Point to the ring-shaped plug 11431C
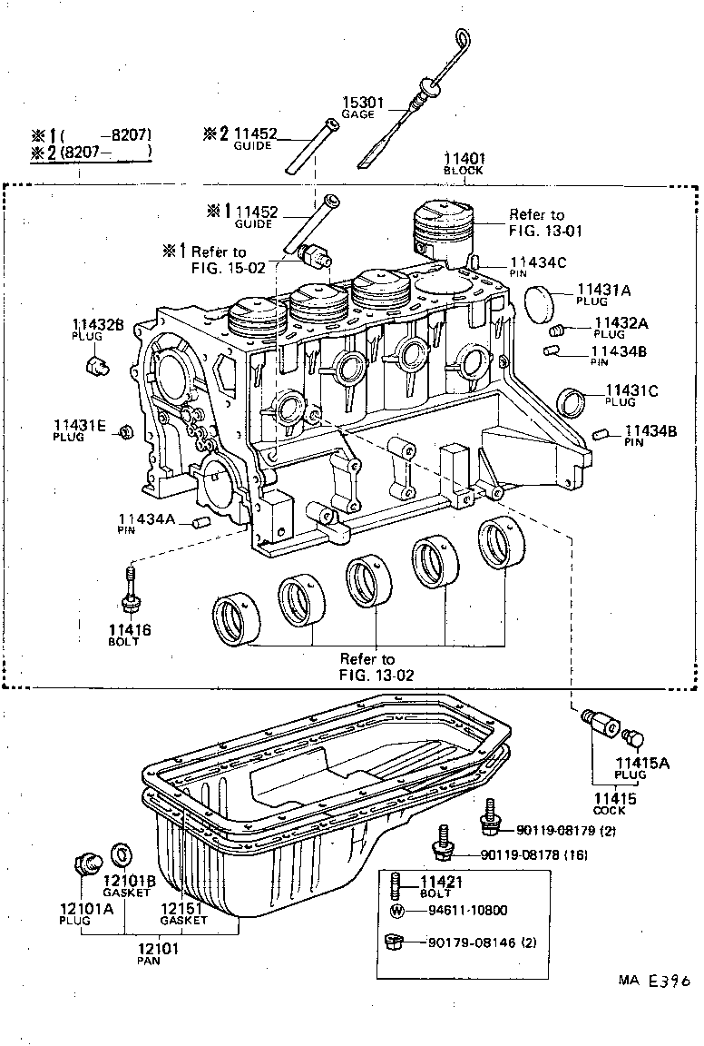pos(572,400)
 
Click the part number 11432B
pos(99,324)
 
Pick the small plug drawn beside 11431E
pos(126,429)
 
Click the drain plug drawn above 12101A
pos(87,863)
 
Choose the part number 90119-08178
pos(522,854)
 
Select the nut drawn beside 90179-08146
pos(395,942)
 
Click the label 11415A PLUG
pos(641,768)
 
